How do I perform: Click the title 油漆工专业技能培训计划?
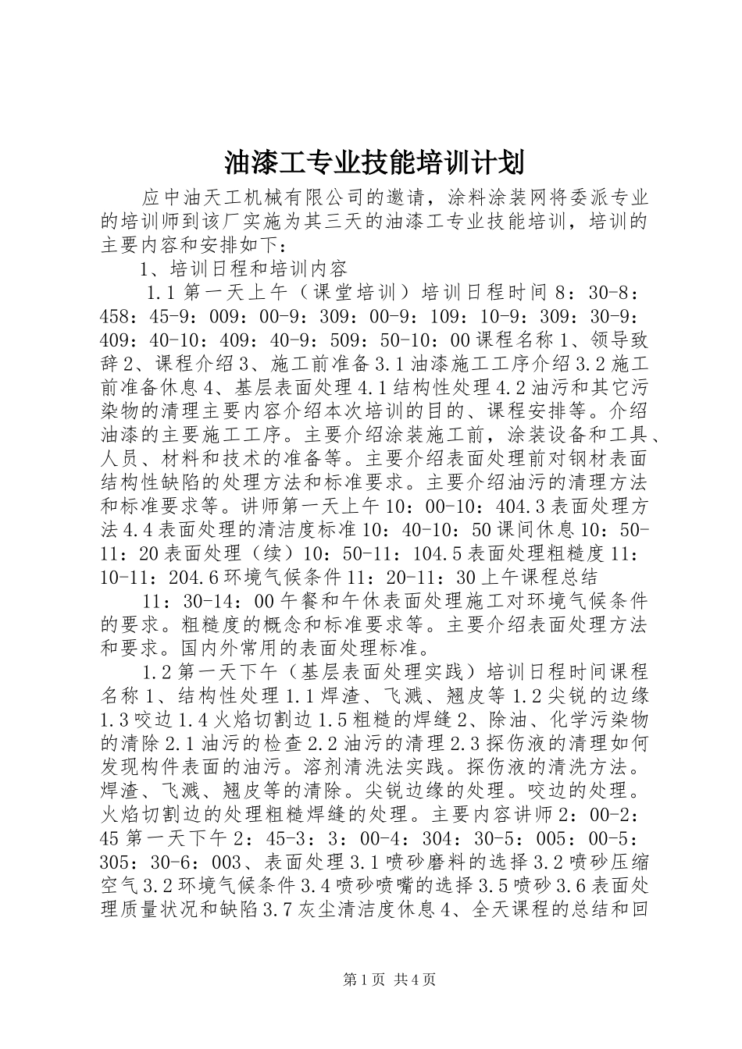[373, 163]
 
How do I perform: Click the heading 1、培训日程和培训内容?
[243, 270]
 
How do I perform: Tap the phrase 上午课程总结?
[540, 577]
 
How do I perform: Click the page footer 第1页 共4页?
[389, 978]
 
